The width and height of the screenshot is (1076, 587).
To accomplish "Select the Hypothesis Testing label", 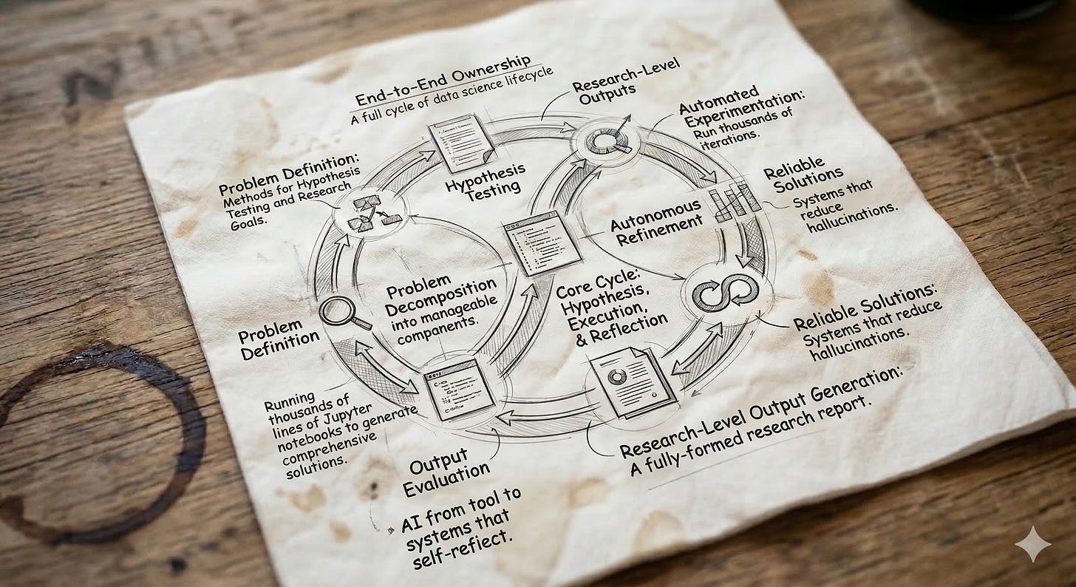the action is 486,179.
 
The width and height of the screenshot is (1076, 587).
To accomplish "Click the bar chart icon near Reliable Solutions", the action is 733,201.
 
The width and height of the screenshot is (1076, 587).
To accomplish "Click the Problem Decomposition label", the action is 440,294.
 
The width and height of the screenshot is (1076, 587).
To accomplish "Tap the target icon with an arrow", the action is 607,138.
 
